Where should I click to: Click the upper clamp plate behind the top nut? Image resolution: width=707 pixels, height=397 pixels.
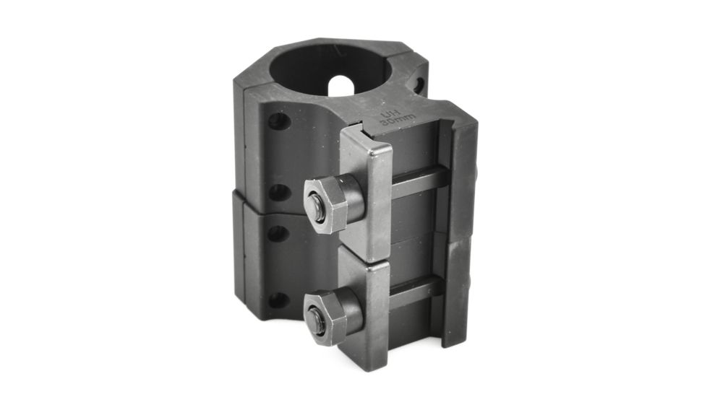coord(367,188)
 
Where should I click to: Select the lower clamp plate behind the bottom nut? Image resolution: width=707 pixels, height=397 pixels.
coord(367,303)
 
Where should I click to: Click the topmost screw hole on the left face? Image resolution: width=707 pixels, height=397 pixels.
coord(278,120)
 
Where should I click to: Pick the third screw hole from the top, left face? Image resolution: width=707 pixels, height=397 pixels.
coord(278,232)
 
